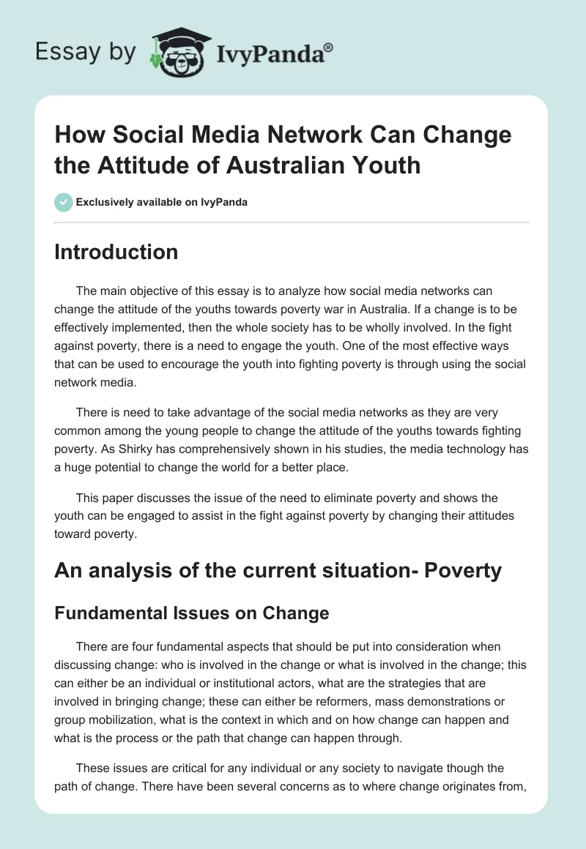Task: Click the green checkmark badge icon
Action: (x=64, y=203)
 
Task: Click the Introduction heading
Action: (x=116, y=252)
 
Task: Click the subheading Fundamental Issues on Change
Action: (x=191, y=613)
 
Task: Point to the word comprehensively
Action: (x=227, y=450)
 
